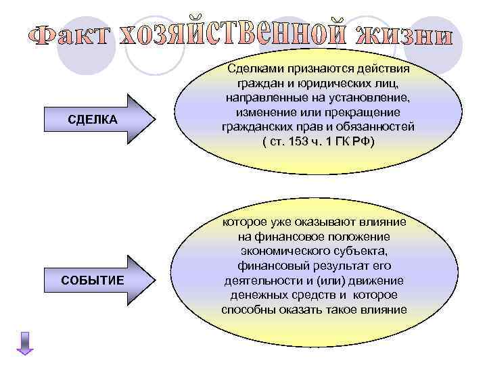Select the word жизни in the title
click(x=406, y=34)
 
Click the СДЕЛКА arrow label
click(x=93, y=120)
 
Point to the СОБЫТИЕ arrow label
click(x=93, y=279)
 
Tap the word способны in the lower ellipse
click(x=250, y=310)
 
